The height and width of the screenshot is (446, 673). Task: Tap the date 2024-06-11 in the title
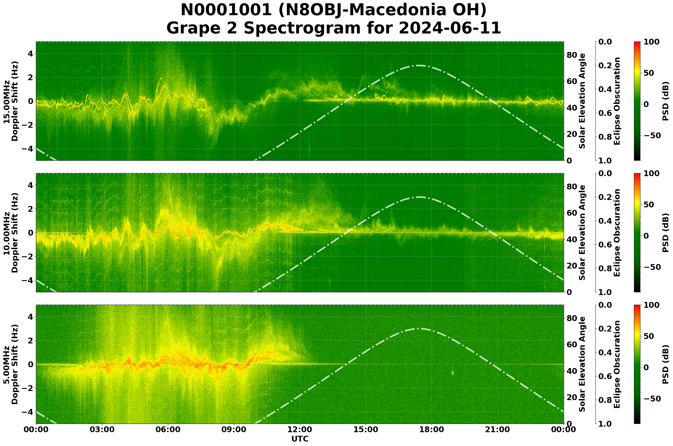coord(449,28)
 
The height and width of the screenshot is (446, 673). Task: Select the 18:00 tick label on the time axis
coord(432,430)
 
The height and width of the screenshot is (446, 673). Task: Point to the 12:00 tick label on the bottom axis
coord(300,430)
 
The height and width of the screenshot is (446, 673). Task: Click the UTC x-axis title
coord(300,439)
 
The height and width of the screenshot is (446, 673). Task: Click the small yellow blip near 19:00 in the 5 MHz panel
coord(452,373)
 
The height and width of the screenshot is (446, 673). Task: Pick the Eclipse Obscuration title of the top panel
coord(617,101)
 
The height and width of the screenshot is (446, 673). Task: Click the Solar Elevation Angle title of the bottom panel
coord(582,364)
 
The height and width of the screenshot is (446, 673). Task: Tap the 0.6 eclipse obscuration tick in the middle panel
coord(607,245)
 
